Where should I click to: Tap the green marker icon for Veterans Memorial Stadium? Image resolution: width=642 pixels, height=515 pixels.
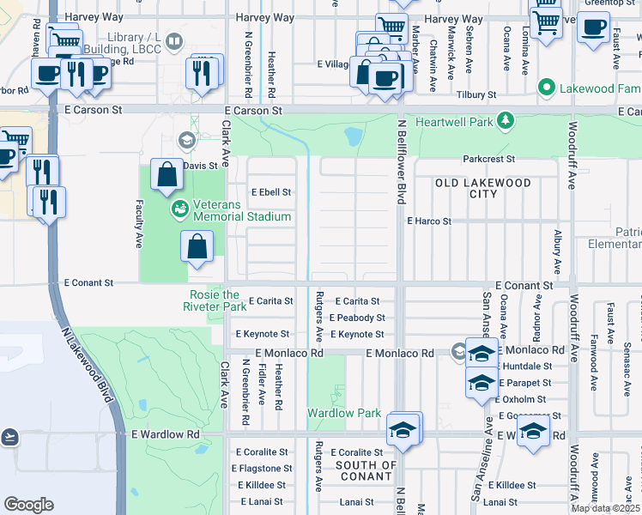tap(180, 207)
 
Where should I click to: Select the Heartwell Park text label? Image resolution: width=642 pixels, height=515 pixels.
tap(455, 122)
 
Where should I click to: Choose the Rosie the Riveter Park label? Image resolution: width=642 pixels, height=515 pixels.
tap(216, 300)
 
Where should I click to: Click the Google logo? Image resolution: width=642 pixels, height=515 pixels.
tap(28, 504)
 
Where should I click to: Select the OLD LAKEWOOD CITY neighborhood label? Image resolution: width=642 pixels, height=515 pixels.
tap(483, 188)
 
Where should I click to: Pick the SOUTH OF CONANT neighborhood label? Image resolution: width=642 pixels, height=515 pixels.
tap(366, 470)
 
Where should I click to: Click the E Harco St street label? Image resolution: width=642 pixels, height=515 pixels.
tap(429, 221)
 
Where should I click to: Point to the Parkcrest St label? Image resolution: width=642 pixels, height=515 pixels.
tap(488, 159)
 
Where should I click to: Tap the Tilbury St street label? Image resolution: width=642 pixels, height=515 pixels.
tap(477, 94)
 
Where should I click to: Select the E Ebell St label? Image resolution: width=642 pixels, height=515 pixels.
tap(270, 192)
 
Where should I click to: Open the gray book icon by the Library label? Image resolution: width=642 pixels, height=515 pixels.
tap(174, 40)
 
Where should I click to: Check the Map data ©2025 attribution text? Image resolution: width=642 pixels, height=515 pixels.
tap(605, 508)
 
